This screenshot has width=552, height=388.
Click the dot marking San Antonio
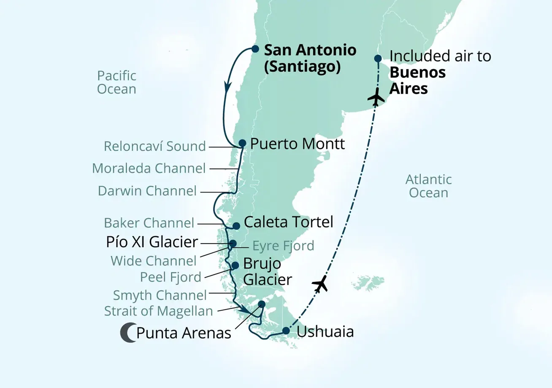(255, 49)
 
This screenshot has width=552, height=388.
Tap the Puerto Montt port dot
(242, 143)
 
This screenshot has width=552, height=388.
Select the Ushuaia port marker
(286, 330)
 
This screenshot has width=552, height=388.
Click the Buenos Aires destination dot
(378, 59)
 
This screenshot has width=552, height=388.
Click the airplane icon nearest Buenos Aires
(376, 98)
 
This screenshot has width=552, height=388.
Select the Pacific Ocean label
(116, 83)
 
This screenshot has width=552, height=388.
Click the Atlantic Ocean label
(428, 186)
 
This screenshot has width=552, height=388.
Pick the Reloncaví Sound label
(155, 147)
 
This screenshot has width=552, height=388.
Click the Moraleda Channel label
(149, 169)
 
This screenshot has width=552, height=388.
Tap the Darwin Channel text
(147, 191)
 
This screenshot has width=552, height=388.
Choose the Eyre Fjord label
(283, 245)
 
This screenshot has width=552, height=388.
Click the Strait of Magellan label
(158, 311)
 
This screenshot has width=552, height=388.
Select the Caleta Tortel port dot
(236, 226)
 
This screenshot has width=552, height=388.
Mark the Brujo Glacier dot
(235, 265)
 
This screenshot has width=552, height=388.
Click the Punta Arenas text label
(184, 334)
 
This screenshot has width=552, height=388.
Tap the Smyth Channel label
(160, 294)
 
